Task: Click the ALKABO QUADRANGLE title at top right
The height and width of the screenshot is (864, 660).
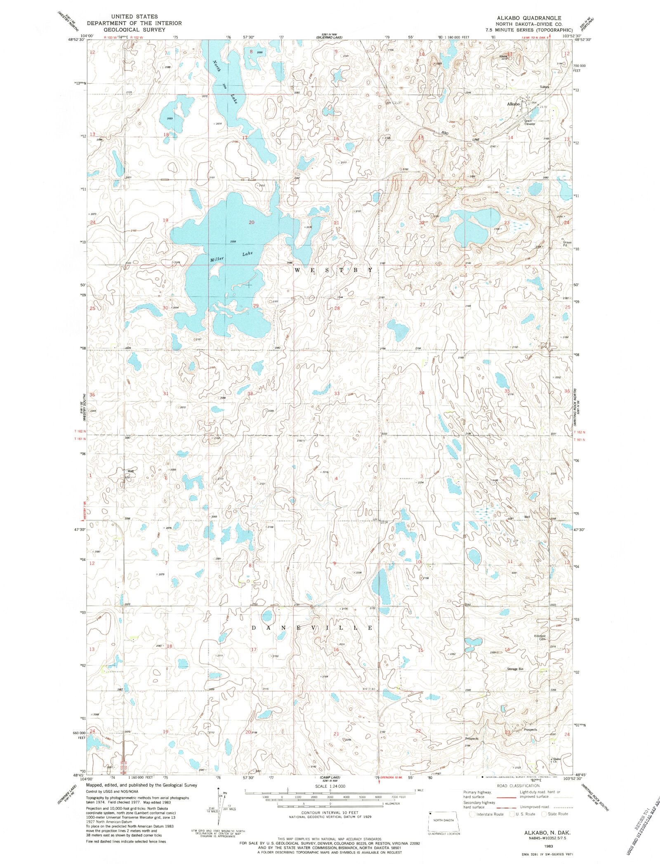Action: point(530,18)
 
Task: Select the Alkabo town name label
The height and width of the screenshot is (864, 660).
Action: point(513,104)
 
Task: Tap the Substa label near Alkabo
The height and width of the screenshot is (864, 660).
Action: point(545,87)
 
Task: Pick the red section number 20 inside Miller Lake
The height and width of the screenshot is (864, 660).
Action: point(251,223)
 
